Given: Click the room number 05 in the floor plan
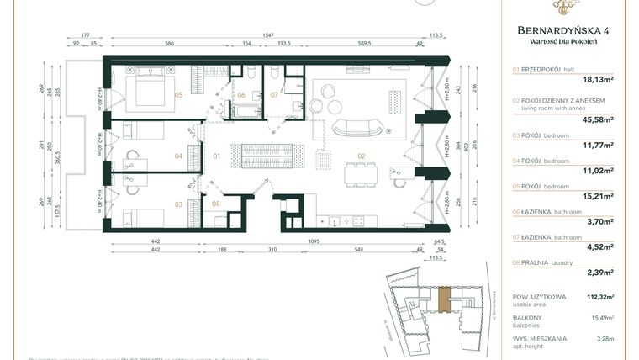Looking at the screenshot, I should point(178,95).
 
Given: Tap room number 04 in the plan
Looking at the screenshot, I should point(178,156).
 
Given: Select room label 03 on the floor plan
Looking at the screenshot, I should point(178,204).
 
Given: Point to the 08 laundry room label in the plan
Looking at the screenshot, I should point(216,204).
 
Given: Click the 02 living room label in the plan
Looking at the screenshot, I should point(362,156).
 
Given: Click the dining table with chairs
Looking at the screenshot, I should point(360,173).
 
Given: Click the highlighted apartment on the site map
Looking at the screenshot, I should point(444,297).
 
